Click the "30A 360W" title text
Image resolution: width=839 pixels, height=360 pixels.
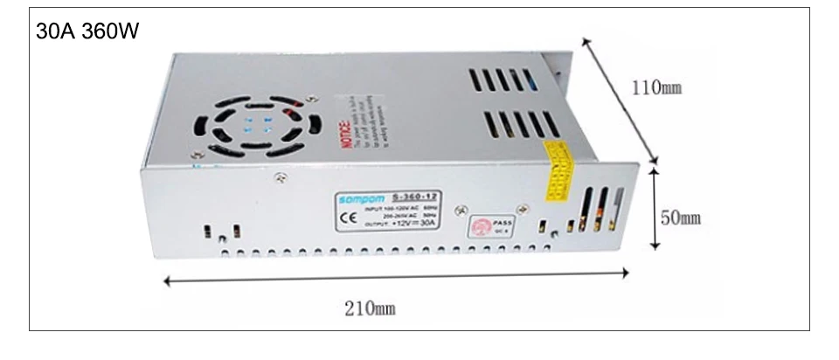point(87,31)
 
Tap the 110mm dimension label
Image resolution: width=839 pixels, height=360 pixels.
point(655,87)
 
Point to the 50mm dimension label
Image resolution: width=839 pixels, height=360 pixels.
point(681,218)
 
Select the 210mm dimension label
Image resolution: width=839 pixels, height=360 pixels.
point(371,308)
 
